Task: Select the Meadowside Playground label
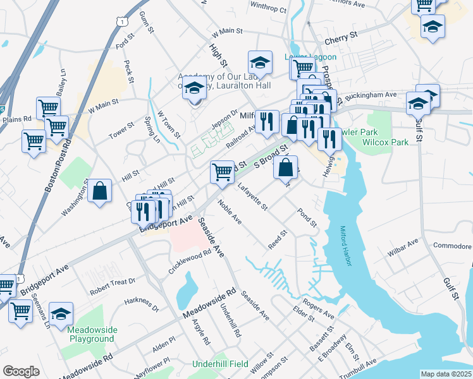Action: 92,334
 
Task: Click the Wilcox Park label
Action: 385,143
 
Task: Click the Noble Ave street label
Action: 230,212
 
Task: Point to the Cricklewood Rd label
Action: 189,261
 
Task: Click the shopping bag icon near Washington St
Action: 100,190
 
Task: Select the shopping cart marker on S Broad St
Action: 222,171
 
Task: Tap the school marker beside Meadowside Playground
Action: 61,313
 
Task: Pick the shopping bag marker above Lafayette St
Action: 286,167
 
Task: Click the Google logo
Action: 21,371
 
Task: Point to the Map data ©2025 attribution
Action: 446,374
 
